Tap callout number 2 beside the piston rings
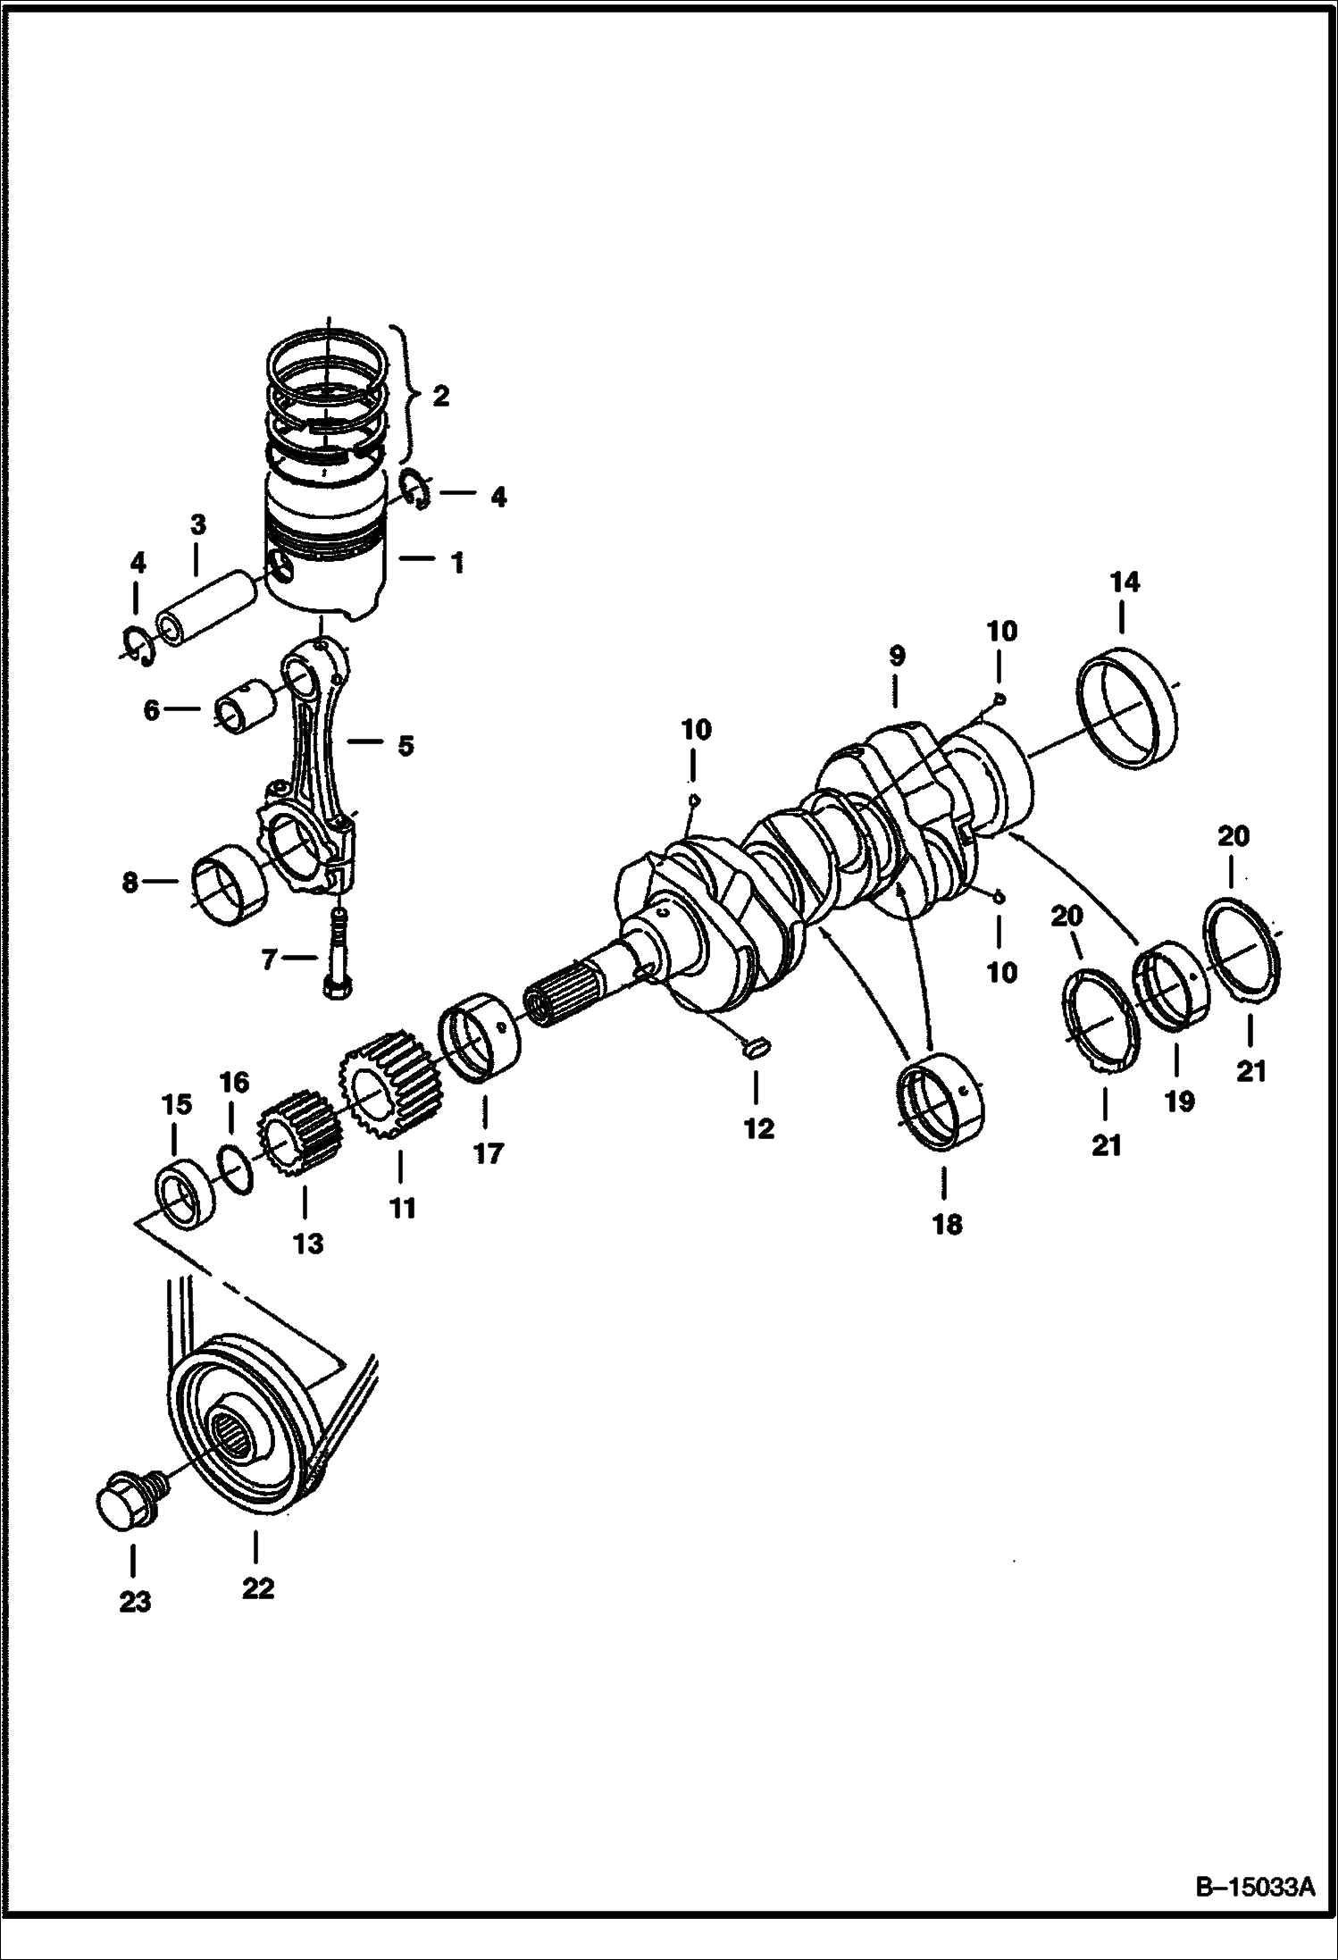pyautogui.click(x=440, y=395)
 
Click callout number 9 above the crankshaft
pyautogui.click(x=897, y=656)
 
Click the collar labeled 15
pyautogui.click(x=187, y=1194)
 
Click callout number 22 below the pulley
pyautogui.click(x=257, y=1587)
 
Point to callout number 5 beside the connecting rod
pyautogui.click(x=406, y=744)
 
